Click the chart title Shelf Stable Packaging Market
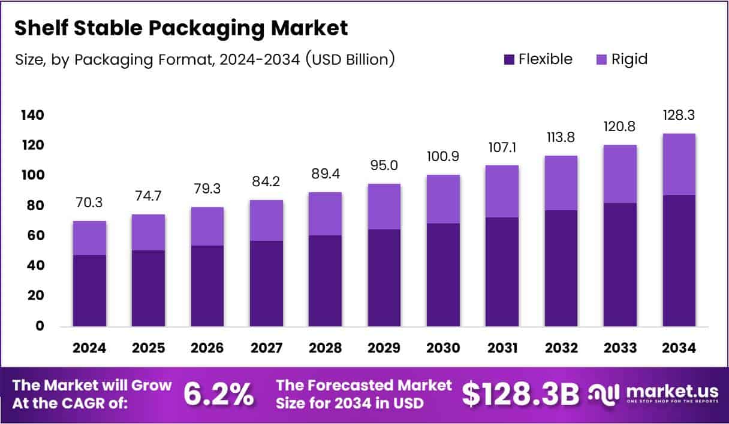pyautogui.click(x=180, y=28)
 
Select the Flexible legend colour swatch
pyautogui.click(x=509, y=59)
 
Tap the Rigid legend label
pyautogui.click(x=629, y=59)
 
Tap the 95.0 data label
pyautogui.click(x=384, y=165)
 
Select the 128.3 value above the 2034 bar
pyautogui.click(x=679, y=115)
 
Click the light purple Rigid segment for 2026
pyautogui.click(x=207, y=226)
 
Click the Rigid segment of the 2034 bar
pyautogui.click(x=679, y=164)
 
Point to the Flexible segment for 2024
pyautogui.click(x=89, y=290)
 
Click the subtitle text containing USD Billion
pyautogui.click(x=204, y=60)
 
